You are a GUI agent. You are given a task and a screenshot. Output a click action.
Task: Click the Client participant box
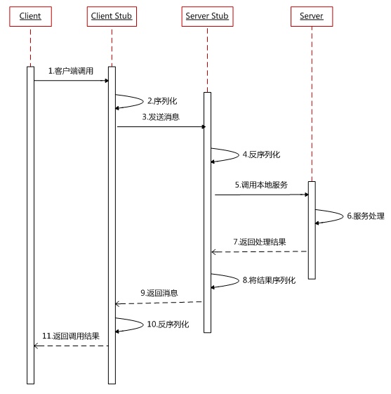click(x=30, y=16)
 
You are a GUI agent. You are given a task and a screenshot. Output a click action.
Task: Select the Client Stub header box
click(x=112, y=16)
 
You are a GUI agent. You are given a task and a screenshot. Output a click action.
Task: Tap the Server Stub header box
click(x=207, y=16)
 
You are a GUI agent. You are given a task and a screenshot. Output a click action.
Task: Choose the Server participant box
click(x=311, y=16)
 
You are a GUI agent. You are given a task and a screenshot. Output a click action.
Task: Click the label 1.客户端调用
click(x=71, y=71)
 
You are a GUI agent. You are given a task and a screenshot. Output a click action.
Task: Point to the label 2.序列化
click(x=163, y=101)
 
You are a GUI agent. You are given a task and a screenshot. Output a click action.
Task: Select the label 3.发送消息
click(x=161, y=117)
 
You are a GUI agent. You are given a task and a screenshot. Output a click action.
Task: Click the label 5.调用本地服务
click(x=260, y=185)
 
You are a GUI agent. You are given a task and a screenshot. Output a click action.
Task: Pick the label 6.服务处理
click(x=366, y=216)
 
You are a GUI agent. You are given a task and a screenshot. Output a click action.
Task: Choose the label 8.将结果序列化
click(x=269, y=280)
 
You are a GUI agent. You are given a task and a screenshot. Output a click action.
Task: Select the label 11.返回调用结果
click(x=71, y=336)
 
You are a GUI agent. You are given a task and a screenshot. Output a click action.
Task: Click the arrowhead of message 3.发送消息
click(x=202, y=127)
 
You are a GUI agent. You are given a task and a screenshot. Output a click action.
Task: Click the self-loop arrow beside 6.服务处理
click(x=328, y=216)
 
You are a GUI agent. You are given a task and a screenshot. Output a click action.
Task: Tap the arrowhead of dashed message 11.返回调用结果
click(x=37, y=346)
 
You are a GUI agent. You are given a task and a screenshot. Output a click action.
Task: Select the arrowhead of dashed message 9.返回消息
click(x=119, y=303)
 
